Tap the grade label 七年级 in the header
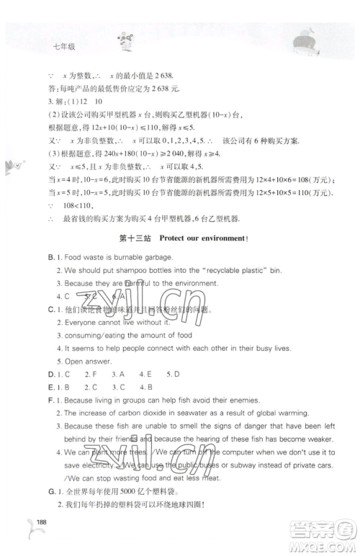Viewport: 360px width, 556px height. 65,48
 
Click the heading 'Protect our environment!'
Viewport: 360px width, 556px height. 203,239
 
